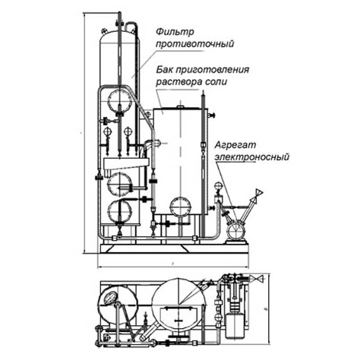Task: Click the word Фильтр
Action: tap(175, 32)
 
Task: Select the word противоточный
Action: tap(194, 44)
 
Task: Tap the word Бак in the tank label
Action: tap(164, 69)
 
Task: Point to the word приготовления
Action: tap(212, 70)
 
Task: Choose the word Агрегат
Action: tap(235, 145)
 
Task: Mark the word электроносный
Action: tap(252, 157)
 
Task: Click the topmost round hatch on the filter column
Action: tap(119, 101)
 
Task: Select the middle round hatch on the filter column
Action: tap(119, 185)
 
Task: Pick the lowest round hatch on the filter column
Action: tap(119, 211)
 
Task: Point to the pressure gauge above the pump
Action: tap(217, 186)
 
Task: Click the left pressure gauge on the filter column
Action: tap(108, 131)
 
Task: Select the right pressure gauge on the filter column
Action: tap(128, 131)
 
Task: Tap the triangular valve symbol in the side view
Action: tap(259, 193)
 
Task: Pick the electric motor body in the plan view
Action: tap(235, 326)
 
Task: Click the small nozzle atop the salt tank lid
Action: tap(180, 107)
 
